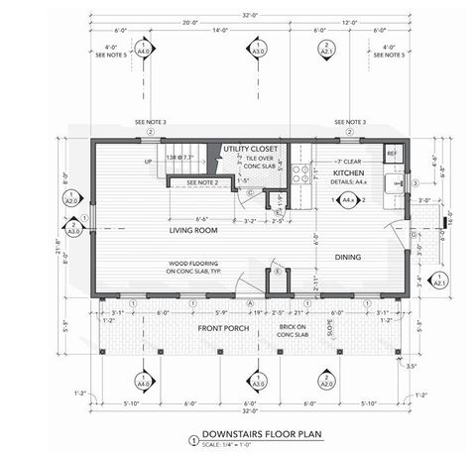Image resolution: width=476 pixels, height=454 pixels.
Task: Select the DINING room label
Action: (x=347, y=258)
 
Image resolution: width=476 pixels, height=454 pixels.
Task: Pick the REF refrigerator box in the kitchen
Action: (x=391, y=154)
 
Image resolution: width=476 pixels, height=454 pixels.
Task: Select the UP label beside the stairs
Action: (x=148, y=160)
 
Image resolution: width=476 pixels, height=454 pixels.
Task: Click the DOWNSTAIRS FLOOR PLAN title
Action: (x=251, y=433)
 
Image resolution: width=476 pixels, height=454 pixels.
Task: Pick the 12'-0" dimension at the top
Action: (x=379, y=23)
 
